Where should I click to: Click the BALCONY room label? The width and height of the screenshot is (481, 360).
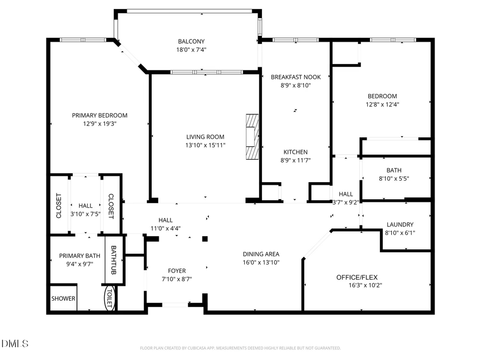tap(191, 42)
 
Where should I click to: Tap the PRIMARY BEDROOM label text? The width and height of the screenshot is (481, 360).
tap(100, 115)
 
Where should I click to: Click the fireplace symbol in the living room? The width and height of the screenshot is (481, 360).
tap(252, 137)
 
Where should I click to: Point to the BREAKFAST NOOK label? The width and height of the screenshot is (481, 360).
tap(296, 77)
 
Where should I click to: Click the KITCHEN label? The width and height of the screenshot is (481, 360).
tap(296, 152)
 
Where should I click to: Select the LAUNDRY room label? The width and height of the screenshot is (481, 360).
tap(400, 225)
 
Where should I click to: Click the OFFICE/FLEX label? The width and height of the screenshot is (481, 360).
tap(357, 277)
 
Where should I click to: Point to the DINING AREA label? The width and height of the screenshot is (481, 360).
tap(261, 254)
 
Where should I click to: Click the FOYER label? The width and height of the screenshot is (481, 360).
tap(177, 271)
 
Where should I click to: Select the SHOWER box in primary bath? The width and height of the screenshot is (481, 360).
tap(64, 299)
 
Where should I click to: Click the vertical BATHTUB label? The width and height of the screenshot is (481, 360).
tap(113, 260)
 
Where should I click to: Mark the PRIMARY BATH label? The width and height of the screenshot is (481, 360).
tap(80, 256)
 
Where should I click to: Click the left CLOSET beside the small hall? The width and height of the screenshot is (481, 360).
tap(59, 206)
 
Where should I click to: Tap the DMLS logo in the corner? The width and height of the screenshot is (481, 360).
tap(15, 343)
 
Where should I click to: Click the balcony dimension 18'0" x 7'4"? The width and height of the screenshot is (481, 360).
tap(191, 50)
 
